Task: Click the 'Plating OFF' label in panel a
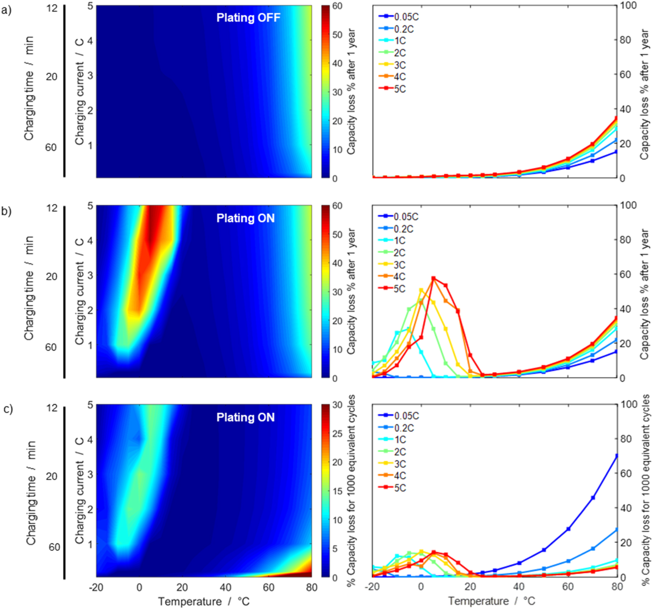click(x=248, y=18)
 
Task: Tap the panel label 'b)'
click(x=6, y=212)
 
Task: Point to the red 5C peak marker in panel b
click(x=433, y=278)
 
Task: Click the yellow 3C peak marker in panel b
click(x=421, y=290)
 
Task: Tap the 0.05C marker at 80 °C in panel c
click(x=617, y=456)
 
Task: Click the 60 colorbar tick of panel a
click(x=337, y=6)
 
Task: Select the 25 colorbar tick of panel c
click(x=337, y=433)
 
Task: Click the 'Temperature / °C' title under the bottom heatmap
click(x=203, y=601)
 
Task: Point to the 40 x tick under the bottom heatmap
click(x=225, y=587)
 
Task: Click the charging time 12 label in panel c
click(x=52, y=408)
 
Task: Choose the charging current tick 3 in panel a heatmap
click(x=90, y=75)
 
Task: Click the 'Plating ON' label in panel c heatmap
click(x=245, y=417)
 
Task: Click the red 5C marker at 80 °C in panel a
click(x=617, y=118)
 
